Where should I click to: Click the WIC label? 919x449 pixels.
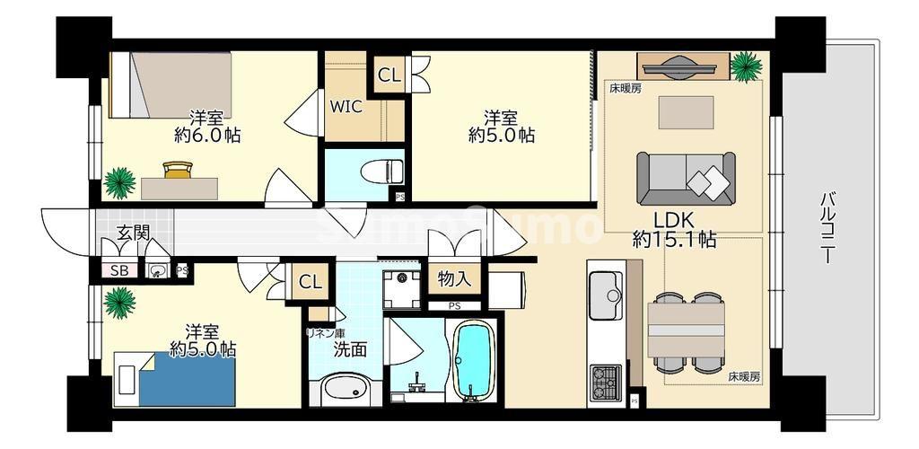tap(345, 107)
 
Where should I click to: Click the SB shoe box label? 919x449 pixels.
tap(118, 269)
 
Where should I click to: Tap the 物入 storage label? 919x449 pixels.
tap(454, 277)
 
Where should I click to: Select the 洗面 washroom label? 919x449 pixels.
tap(349, 349)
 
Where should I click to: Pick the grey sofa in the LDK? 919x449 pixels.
tap(685, 177)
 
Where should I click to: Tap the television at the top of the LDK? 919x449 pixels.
tap(682, 66)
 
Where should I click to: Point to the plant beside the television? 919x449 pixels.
tap(743, 65)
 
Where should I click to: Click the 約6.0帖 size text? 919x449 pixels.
tap(206, 136)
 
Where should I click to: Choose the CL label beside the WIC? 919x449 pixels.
tap(389, 75)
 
